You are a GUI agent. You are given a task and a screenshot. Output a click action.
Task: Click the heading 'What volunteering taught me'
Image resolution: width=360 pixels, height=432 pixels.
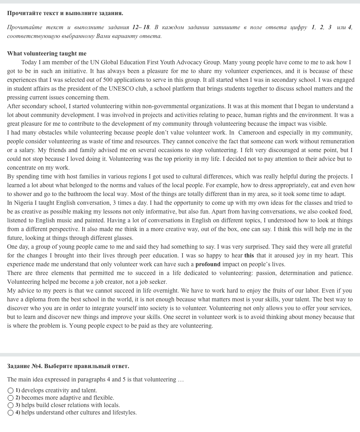[x=47, y=53]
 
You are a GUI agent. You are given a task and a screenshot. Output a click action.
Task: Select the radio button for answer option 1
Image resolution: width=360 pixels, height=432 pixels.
[x=11, y=391]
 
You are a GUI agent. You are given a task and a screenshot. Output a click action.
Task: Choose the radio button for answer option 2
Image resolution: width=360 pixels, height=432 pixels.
[x=11, y=398]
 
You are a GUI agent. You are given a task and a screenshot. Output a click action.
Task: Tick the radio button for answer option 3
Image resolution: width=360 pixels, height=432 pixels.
[x=11, y=405]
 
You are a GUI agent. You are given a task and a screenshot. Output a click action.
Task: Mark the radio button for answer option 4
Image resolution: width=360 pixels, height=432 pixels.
[x=11, y=413]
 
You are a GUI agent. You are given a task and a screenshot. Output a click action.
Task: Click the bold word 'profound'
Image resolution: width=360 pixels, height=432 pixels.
[x=208, y=264]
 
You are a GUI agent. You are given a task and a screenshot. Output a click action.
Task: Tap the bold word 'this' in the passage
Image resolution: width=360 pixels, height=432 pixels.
[x=249, y=255]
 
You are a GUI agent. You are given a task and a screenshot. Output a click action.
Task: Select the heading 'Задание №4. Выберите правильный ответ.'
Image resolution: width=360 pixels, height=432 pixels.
[x=68, y=366]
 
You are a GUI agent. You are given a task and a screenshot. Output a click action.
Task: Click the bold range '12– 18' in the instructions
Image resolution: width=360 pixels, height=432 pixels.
[x=141, y=27]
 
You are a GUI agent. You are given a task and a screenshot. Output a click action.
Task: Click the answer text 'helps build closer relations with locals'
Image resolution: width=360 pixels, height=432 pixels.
[x=70, y=405]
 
